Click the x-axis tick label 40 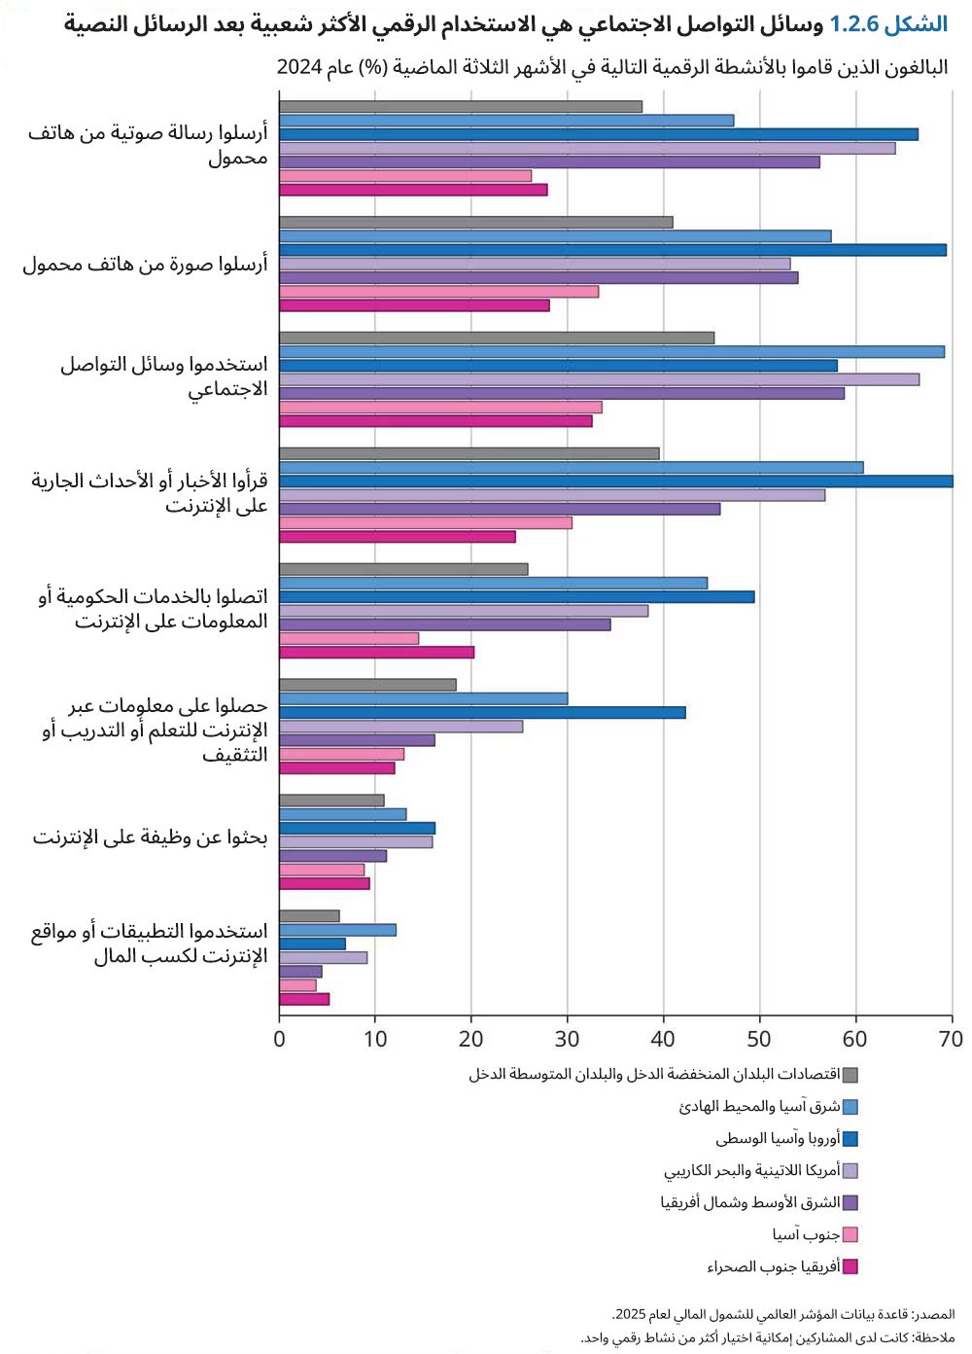(x=663, y=1039)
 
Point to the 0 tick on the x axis (x=279, y=1039)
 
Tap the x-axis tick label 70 (x=952, y=1039)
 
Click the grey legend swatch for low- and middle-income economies (x=850, y=1075)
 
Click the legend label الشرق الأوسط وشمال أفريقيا (x=749, y=1203)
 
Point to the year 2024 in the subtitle (x=299, y=67)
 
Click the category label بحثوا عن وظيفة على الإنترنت (x=150, y=837)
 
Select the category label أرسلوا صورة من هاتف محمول (x=145, y=265)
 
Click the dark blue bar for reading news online (x=615, y=481)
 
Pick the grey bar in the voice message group (x=460, y=107)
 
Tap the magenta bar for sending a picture (x=414, y=305)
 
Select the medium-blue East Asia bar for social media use (x=611, y=352)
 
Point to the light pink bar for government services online (x=349, y=639)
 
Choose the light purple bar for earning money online (x=323, y=958)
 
